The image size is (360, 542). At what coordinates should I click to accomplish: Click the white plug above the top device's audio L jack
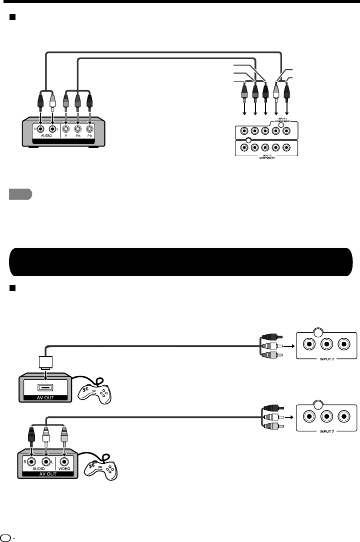[52, 102]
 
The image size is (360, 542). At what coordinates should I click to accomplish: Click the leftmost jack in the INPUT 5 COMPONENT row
[243, 132]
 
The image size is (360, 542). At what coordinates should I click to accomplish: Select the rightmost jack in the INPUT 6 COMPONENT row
[286, 148]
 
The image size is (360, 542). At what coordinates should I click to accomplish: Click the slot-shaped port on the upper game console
[45, 387]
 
